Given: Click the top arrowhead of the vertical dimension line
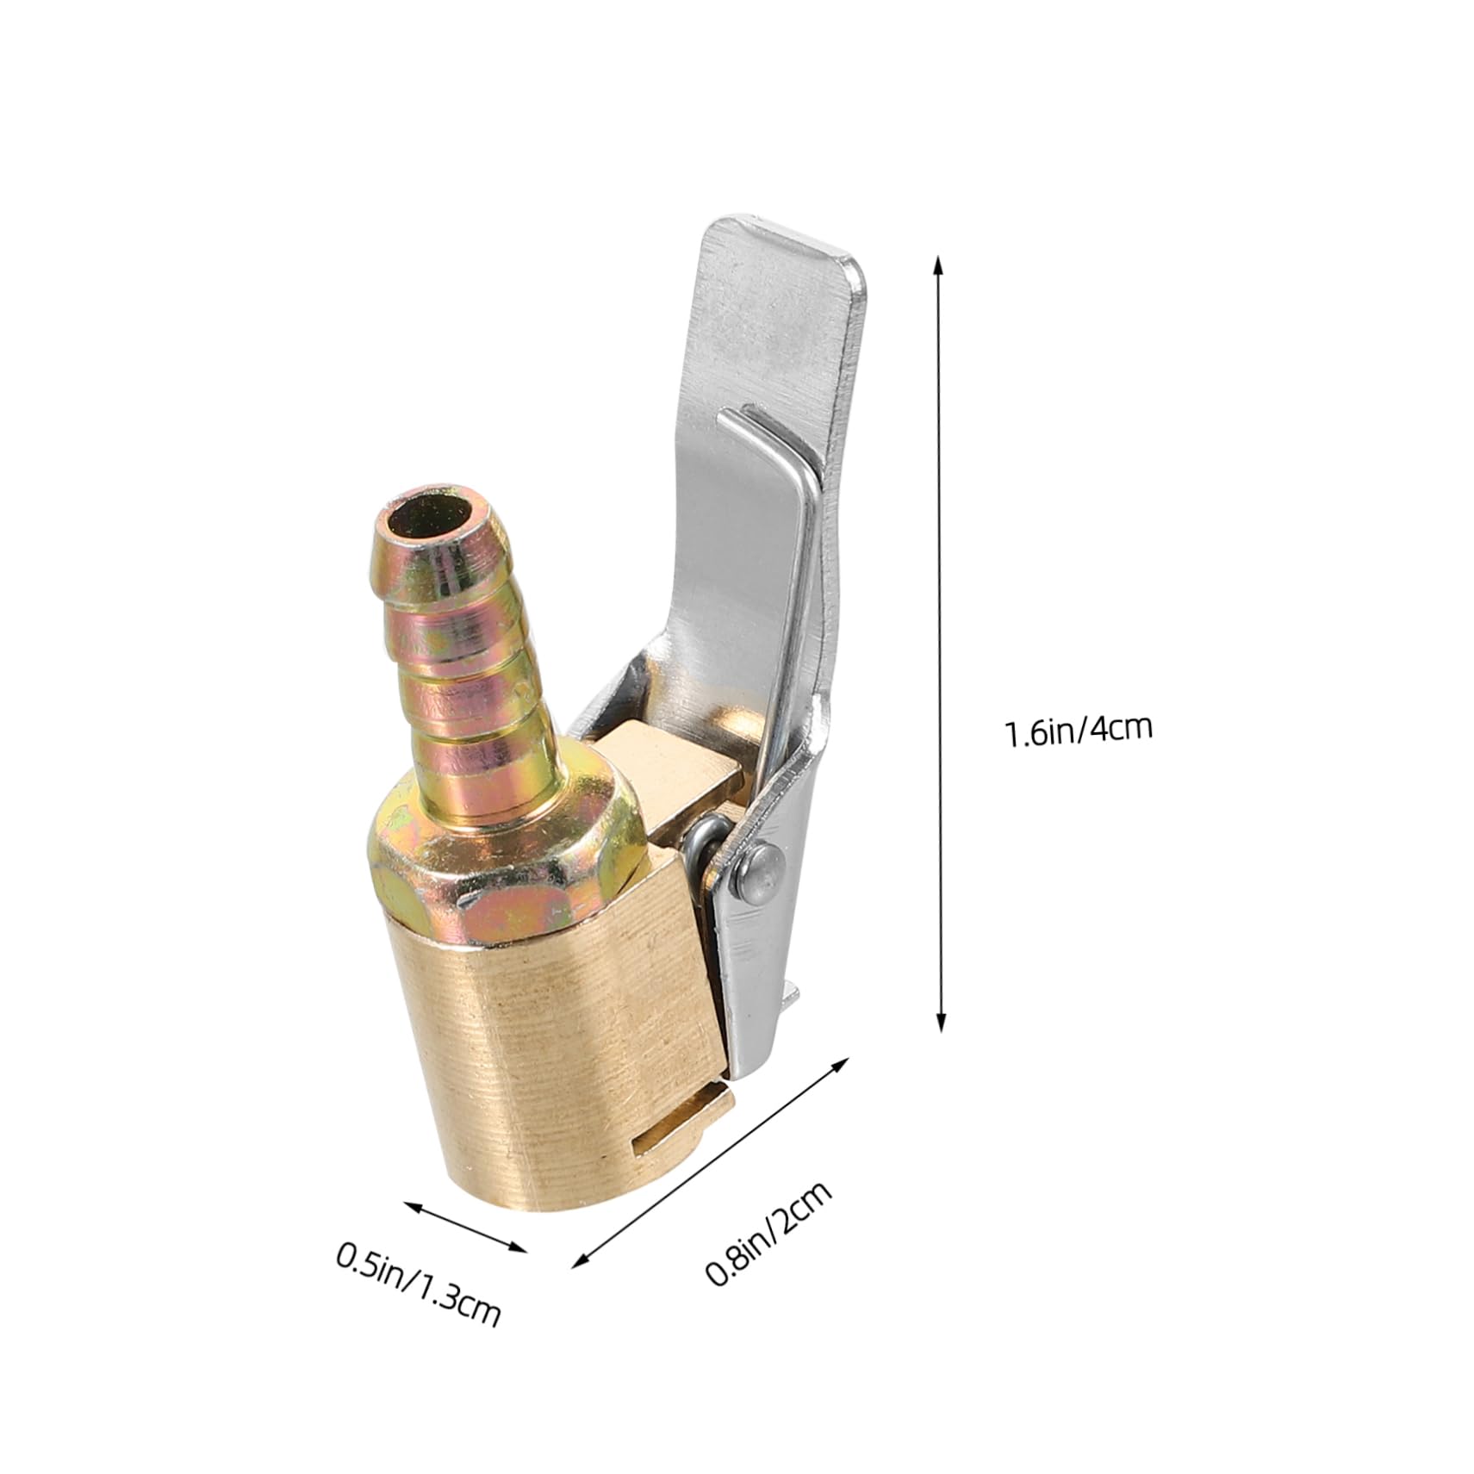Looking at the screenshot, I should point(940,262).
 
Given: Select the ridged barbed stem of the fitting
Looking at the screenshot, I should point(465,655).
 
